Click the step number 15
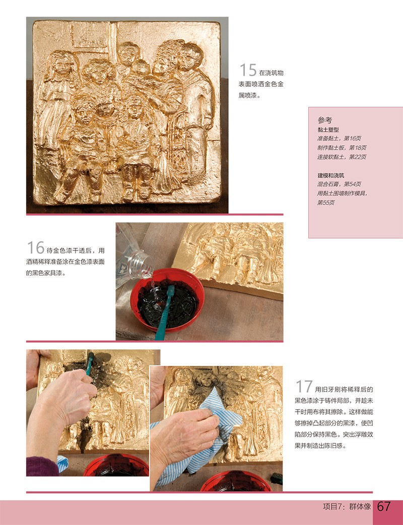tap(248, 71)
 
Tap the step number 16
tap(35, 248)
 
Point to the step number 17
tap(304, 386)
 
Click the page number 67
tap(384, 506)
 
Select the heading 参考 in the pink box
tap(325, 120)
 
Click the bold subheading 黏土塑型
tap(328, 129)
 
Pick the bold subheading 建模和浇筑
tap(331, 175)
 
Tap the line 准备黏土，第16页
tap(339, 138)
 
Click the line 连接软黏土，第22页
tap(342, 157)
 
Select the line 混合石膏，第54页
tap(339, 184)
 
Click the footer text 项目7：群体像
tap(347, 506)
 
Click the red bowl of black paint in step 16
tap(167, 300)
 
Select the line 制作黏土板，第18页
tap(342, 148)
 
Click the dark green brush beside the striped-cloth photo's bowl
tap(277, 479)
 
